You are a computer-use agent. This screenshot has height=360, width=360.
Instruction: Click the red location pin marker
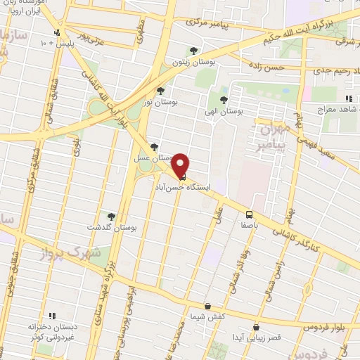(182, 165)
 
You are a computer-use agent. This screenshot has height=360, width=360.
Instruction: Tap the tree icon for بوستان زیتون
(193, 51)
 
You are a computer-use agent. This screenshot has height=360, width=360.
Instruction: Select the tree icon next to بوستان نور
(160, 91)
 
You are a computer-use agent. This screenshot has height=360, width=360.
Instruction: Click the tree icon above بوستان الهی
(224, 100)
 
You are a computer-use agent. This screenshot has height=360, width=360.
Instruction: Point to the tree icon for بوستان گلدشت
(110, 217)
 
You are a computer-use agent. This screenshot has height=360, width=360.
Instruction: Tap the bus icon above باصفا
(249, 214)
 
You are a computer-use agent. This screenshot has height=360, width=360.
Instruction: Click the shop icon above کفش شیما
(207, 306)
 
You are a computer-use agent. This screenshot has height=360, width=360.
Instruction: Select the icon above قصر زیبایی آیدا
(256, 327)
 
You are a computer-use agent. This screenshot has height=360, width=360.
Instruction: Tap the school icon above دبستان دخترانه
(51, 317)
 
